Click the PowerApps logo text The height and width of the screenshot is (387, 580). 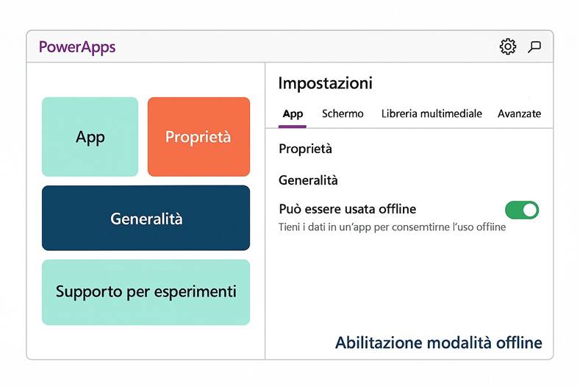(x=77, y=48)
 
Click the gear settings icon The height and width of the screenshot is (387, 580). (x=507, y=47)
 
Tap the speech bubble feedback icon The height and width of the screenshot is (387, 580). (x=535, y=47)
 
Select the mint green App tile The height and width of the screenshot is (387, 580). (x=90, y=137)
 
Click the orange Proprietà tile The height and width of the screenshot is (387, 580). (x=198, y=137)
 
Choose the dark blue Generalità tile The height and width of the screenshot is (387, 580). (x=146, y=219)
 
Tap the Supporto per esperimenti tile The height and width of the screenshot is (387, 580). (x=146, y=292)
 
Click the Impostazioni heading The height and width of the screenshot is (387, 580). (x=325, y=83)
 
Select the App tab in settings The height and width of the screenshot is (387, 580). (x=293, y=114)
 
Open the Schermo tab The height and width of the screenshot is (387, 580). (x=343, y=114)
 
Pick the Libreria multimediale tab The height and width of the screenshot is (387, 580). (x=432, y=114)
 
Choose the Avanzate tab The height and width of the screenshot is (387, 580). (x=519, y=114)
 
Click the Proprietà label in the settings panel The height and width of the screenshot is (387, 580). (x=305, y=149)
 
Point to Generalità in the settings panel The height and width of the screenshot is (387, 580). (x=308, y=180)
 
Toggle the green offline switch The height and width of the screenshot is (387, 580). (x=522, y=210)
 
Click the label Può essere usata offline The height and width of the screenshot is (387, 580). (x=347, y=209)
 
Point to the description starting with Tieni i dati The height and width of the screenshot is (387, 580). (x=392, y=227)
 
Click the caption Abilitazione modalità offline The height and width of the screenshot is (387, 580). (x=438, y=343)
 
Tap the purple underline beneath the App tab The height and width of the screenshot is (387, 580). (x=293, y=127)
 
